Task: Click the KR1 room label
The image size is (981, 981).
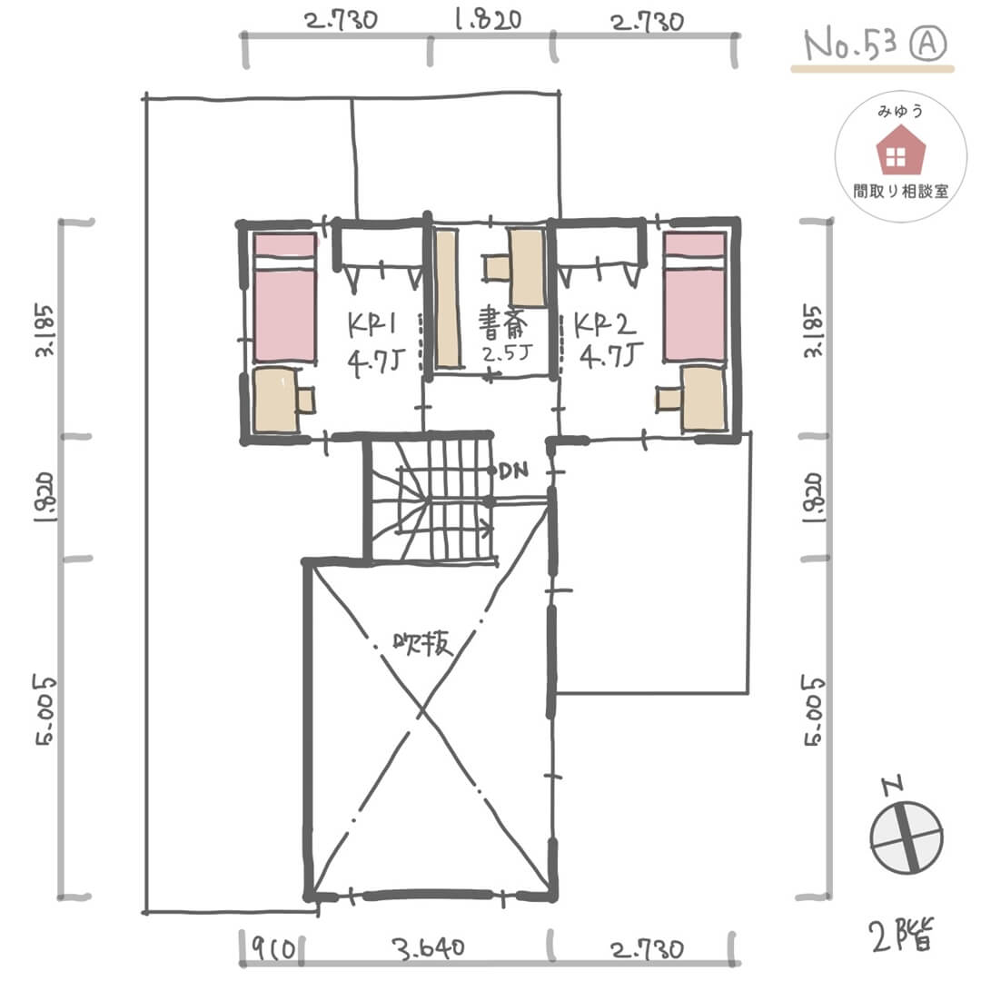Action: click(x=373, y=324)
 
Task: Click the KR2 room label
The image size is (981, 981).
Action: click(x=604, y=324)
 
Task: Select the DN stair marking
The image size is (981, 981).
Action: click(x=513, y=471)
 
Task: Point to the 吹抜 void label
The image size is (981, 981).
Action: click(x=423, y=643)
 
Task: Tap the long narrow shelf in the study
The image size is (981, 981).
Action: click(x=447, y=299)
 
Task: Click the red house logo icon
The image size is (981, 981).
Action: click(x=900, y=150)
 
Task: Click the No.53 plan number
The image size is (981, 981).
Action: click(x=850, y=45)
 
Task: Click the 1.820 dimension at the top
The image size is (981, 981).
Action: click(x=488, y=20)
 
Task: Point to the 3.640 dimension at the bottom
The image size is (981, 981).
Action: click(x=429, y=948)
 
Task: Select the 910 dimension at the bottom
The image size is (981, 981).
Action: click(x=273, y=949)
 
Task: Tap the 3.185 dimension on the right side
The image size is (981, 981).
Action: click(x=813, y=331)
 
